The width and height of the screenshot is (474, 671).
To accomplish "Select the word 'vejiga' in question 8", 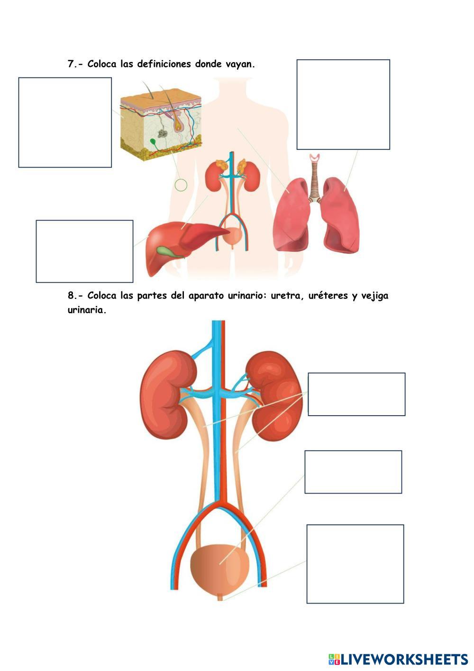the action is [374, 296].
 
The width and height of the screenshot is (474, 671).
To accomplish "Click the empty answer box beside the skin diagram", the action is [65, 122].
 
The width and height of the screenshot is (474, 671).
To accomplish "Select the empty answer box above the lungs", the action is [343, 104].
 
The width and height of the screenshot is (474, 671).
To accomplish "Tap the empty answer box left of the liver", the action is [84, 251].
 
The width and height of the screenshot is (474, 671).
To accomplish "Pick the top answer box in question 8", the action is [356, 394].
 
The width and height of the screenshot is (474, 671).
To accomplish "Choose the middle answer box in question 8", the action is [353, 472].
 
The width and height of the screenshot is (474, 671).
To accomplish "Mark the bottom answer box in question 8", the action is [355, 564].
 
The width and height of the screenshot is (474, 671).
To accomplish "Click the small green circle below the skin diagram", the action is [181, 185].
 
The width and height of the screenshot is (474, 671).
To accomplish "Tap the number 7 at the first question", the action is [71, 64].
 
